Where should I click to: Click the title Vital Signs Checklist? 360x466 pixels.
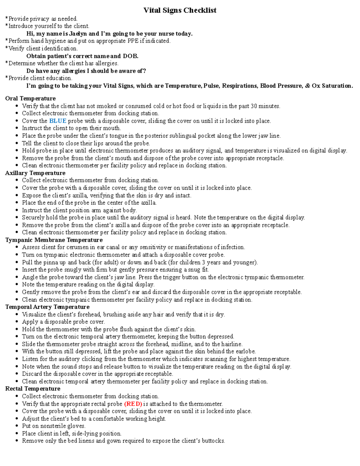(180, 10)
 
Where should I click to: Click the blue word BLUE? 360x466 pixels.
(58, 121)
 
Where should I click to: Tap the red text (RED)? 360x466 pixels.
(133, 404)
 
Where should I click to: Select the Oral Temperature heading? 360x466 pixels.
(30, 98)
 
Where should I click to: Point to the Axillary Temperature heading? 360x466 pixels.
(35, 173)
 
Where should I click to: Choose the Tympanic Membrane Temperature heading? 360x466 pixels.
(54, 240)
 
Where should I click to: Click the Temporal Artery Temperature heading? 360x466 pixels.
(47, 307)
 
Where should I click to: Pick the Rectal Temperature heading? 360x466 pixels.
(33, 389)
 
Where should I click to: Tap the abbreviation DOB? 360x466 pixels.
(130, 56)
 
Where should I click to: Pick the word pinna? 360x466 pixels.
(51, 262)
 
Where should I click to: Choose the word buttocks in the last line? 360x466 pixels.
(213, 441)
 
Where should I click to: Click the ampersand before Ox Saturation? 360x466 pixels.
(307, 86)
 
